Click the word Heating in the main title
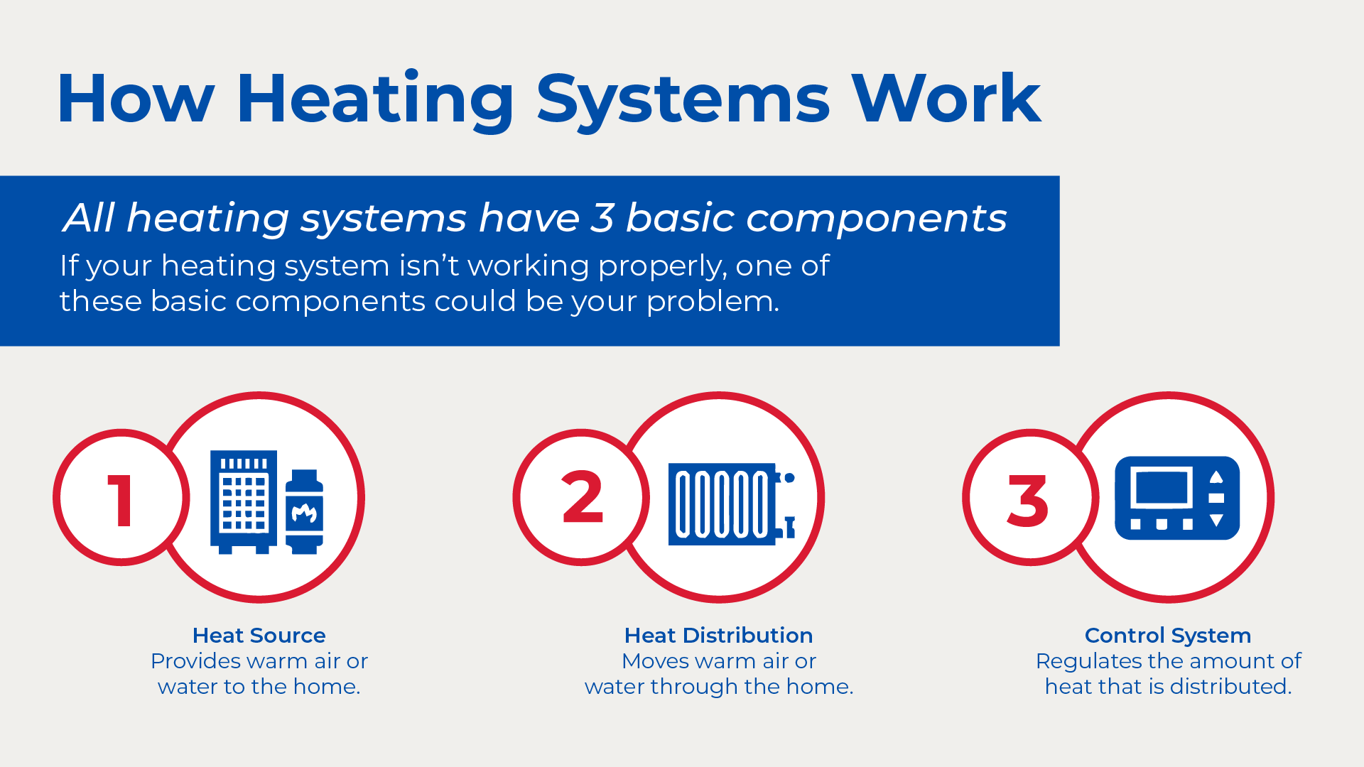click(375, 100)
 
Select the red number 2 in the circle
click(583, 497)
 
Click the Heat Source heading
click(259, 635)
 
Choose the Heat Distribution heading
click(718, 635)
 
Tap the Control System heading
click(1168, 635)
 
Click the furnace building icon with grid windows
click(244, 501)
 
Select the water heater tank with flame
click(304, 511)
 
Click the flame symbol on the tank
click(304, 512)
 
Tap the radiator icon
click(732, 504)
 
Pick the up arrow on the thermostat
click(1216, 476)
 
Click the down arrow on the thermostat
click(1216, 521)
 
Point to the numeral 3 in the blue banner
click(602, 218)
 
